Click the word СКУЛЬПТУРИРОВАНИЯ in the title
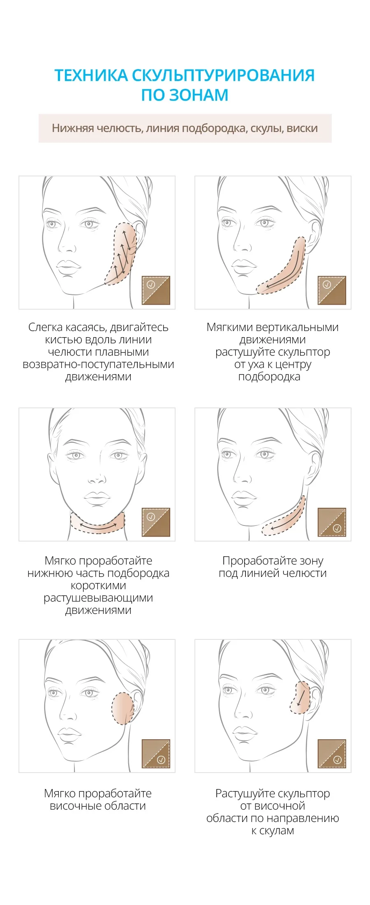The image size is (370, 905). point(223,75)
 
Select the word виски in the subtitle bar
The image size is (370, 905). point(302,128)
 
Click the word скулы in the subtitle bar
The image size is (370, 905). point(266,129)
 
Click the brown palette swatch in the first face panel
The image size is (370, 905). point(156,290)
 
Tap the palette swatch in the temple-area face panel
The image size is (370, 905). point(156,754)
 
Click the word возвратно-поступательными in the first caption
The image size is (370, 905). point(98,364)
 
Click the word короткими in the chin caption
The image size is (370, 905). point(98,586)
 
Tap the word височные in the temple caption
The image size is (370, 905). point(74,805)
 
